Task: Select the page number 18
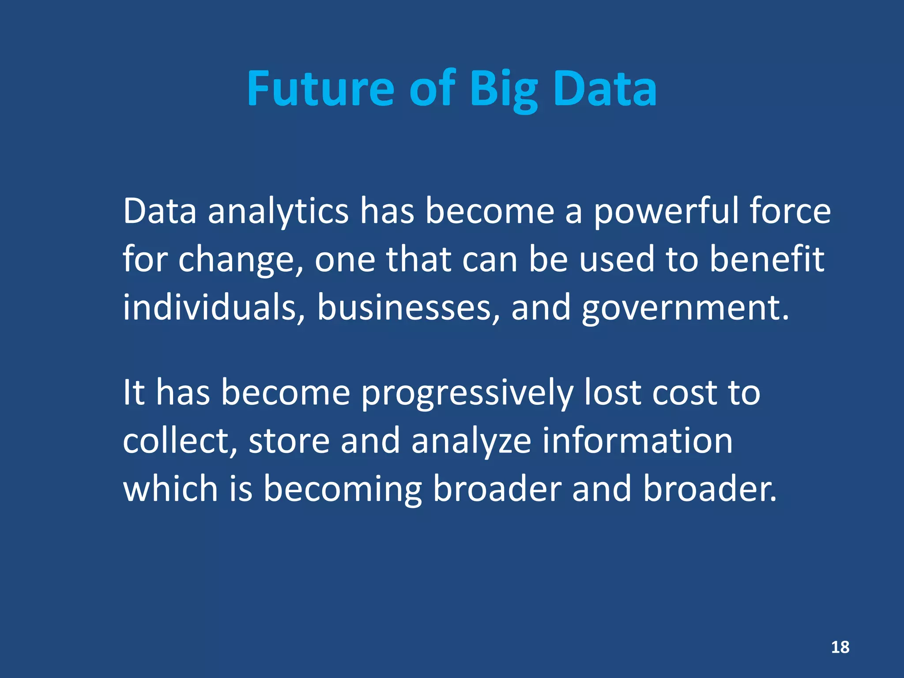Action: pyautogui.click(x=840, y=647)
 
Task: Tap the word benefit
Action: pyautogui.click(x=767, y=259)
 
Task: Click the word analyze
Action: pyautogui.click(x=471, y=442)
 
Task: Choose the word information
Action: pyautogui.click(x=637, y=441)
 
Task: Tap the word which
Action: pyautogui.click(x=170, y=489)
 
